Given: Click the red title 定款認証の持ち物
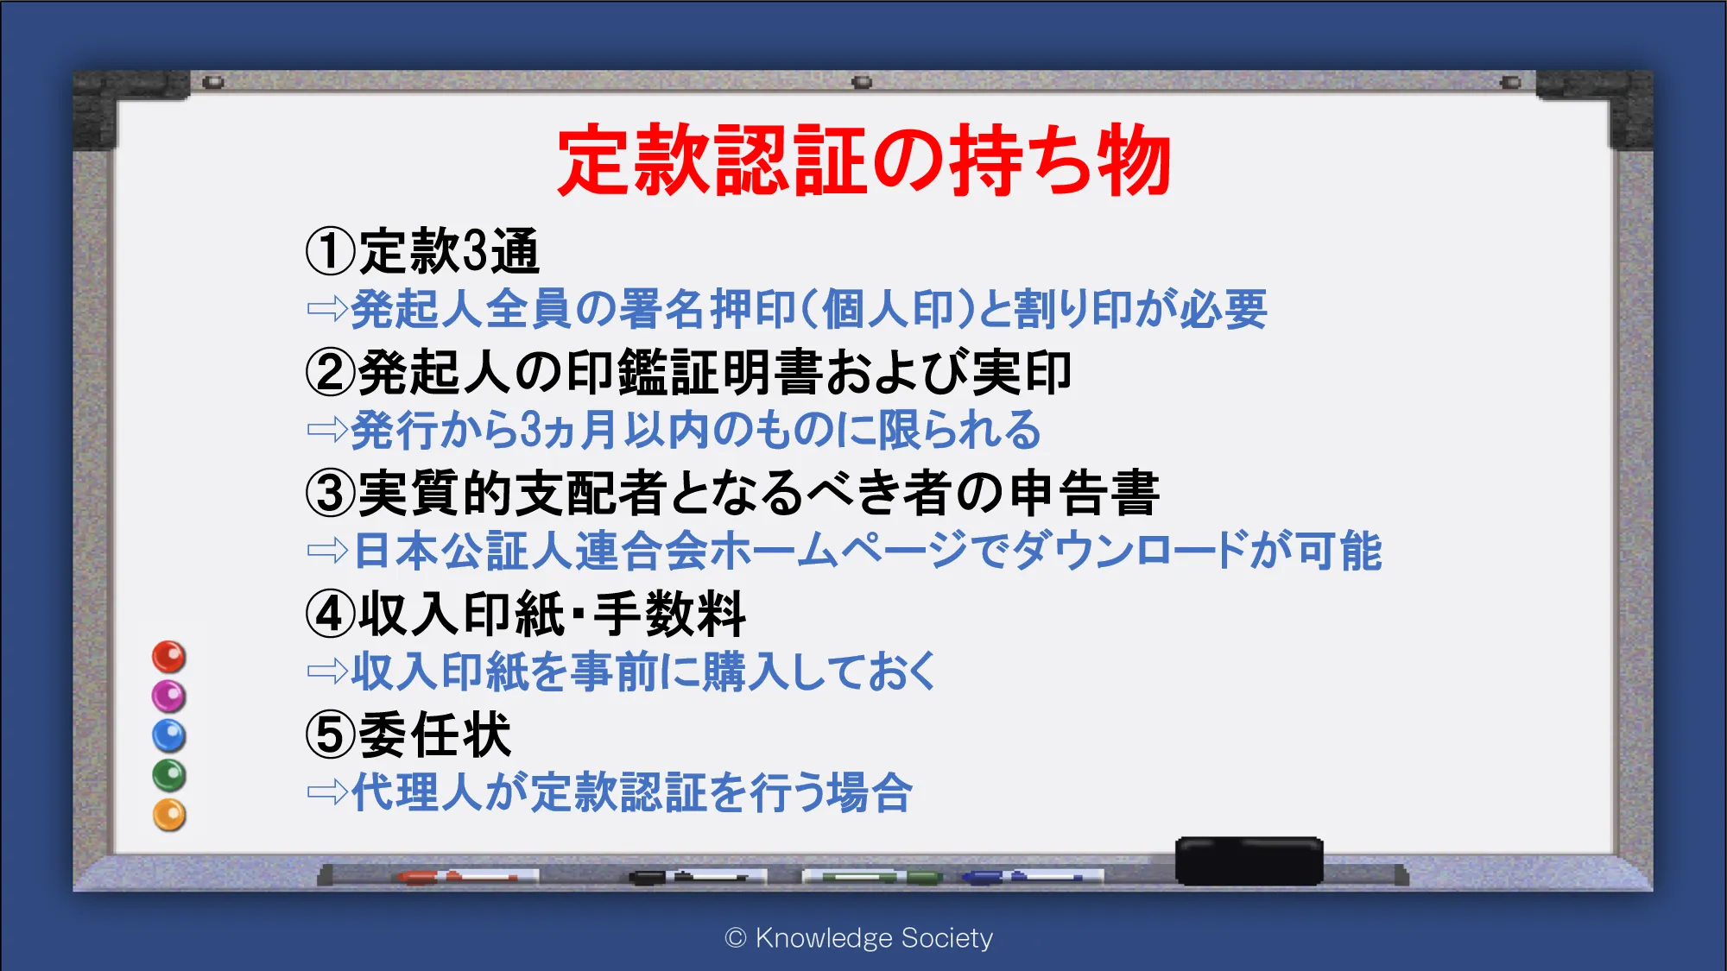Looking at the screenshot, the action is pyautogui.click(x=864, y=160).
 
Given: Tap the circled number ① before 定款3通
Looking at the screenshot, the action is pyautogui.click(x=331, y=251).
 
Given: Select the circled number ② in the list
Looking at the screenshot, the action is pyautogui.click(x=331, y=372).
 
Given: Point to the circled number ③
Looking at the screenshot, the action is pyautogui.click(x=331, y=493).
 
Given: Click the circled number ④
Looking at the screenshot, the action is pyautogui.click(x=331, y=614).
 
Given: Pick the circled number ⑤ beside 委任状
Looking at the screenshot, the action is pyautogui.click(x=331, y=735).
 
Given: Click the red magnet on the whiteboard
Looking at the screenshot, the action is pyautogui.click(x=169, y=657).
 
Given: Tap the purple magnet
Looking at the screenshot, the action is pyautogui.click(x=169, y=696).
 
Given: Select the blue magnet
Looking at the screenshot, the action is pyautogui.click(x=169, y=735).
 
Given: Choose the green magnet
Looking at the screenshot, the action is pyautogui.click(x=169, y=775).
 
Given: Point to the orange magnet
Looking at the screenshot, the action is pyautogui.click(x=169, y=815).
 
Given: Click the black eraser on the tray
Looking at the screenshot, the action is pyautogui.click(x=1249, y=861).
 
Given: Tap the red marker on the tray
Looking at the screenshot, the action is pyautogui.click(x=466, y=877).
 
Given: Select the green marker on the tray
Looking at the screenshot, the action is pyautogui.click(x=872, y=877).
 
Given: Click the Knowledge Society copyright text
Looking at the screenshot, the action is pyautogui.click(x=859, y=937).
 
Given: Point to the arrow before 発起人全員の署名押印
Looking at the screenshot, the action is pyautogui.click(x=327, y=308).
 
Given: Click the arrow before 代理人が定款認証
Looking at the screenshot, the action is pyautogui.click(x=327, y=791).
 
